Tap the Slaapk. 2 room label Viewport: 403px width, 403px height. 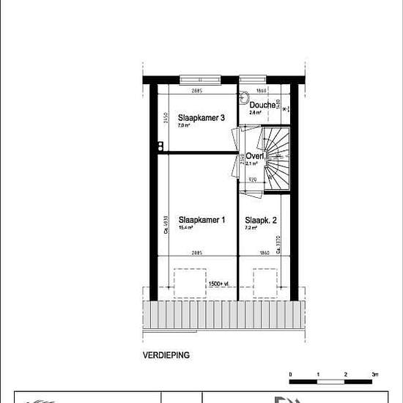[261, 220]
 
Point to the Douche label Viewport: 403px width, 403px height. [262, 105]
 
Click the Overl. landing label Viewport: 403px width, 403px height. [254, 156]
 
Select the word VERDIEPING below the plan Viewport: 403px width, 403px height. [166, 355]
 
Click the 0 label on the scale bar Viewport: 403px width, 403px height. [290, 374]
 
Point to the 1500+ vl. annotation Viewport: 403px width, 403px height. [218, 283]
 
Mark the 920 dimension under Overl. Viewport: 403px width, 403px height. [252, 179]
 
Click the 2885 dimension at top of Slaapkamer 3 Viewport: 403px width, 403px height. [196, 91]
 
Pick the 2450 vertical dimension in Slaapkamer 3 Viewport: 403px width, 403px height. [166, 120]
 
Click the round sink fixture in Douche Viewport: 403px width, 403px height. [245, 95]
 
